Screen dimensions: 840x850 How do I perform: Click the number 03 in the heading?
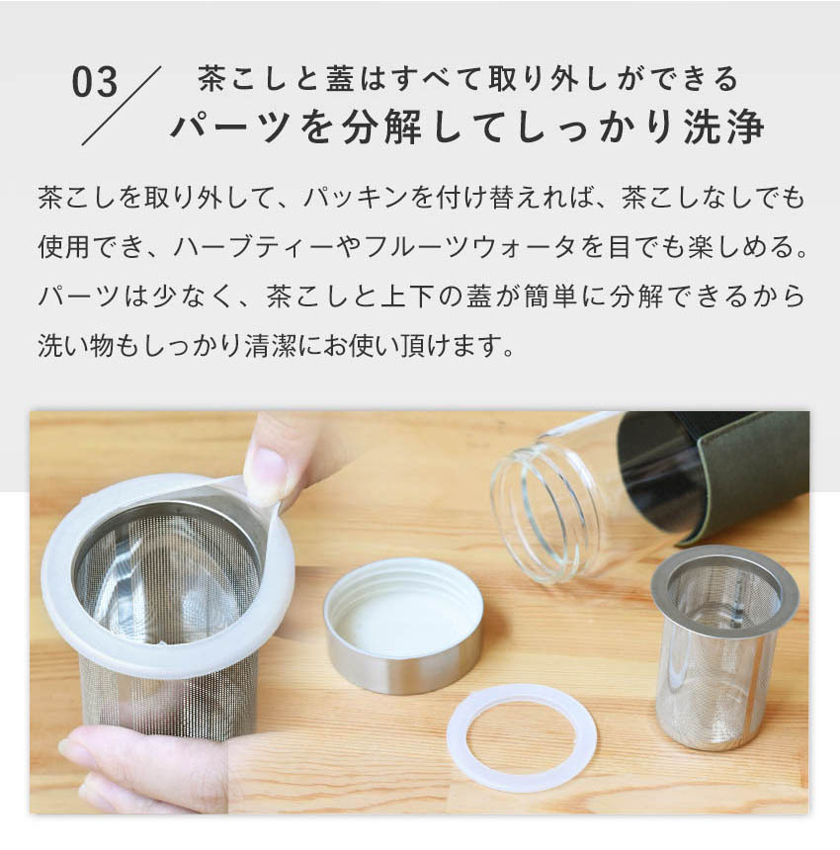click(95, 83)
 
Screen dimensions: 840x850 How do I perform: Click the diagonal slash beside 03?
click(122, 106)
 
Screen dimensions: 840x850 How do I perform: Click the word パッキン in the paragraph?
click(355, 198)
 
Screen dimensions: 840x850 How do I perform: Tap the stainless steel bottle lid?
click(404, 625)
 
